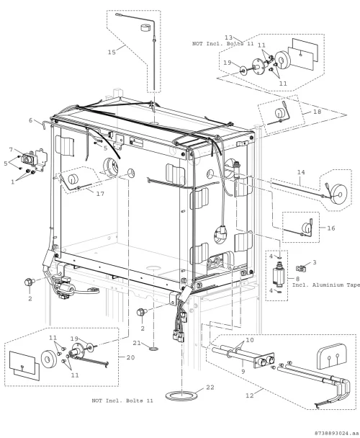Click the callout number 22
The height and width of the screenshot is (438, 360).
[x=210, y=387]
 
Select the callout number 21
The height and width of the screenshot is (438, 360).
[x=137, y=343]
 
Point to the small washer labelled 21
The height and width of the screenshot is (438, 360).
[x=153, y=349]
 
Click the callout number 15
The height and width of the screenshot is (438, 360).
[x=112, y=53]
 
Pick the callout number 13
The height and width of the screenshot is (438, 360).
[x=228, y=37]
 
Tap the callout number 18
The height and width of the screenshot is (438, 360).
[x=318, y=112]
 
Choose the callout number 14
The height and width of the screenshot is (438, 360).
[x=301, y=172]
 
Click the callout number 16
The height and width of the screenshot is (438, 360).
[x=331, y=228]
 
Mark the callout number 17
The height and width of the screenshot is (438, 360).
[x=100, y=194]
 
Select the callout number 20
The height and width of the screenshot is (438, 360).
[x=131, y=357]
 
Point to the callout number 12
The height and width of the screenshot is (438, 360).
[x=250, y=395]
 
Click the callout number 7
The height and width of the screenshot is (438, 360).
[x=12, y=150]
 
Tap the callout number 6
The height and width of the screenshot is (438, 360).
[x=31, y=120]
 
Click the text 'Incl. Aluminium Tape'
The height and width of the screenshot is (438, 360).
[x=326, y=285]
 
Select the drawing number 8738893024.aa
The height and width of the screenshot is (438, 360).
[x=336, y=433]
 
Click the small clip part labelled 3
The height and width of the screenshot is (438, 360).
[x=300, y=269]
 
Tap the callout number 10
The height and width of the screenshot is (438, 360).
[x=250, y=340]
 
